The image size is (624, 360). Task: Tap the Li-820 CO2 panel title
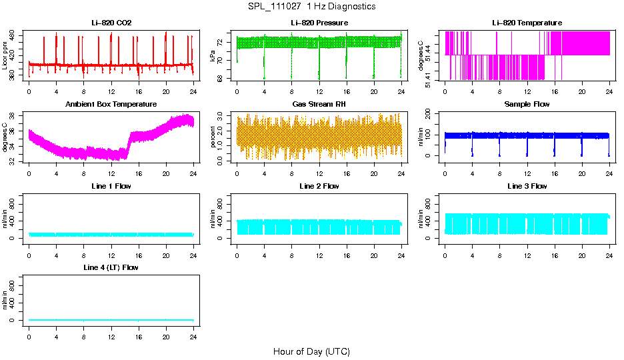(111, 23)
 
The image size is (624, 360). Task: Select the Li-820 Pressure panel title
(319, 23)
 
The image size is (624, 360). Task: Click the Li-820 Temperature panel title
(527, 23)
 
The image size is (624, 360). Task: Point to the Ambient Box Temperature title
(111, 105)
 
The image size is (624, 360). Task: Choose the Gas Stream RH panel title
(319, 105)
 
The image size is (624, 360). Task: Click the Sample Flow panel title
(527, 105)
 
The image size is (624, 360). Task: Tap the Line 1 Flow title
(111, 186)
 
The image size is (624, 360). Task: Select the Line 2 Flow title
(319, 186)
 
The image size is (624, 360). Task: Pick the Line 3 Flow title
(527, 186)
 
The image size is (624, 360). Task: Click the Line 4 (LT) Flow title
(111, 267)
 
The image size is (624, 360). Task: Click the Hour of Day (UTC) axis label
(311, 351)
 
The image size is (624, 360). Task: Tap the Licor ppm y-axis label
(5, 55)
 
